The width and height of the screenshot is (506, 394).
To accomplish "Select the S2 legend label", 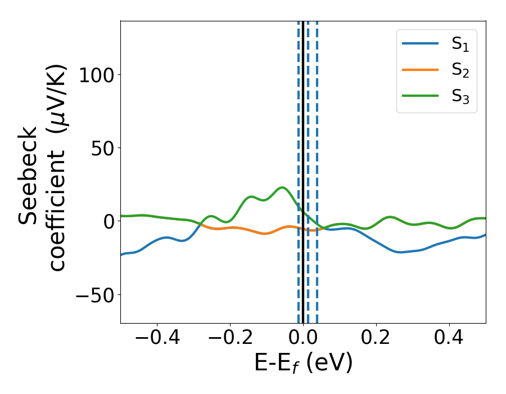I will [460, 71].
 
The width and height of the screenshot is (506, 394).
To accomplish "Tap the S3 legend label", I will [460, 97].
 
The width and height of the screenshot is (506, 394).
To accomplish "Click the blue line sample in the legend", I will [420, 43].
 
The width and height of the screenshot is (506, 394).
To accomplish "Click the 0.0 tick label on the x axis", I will [303, 339].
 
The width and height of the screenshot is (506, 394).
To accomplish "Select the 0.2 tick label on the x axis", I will [376, 339].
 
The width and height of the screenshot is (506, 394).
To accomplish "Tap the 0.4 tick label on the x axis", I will [449, 339].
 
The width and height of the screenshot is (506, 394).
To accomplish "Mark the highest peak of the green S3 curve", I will [282, 187].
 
